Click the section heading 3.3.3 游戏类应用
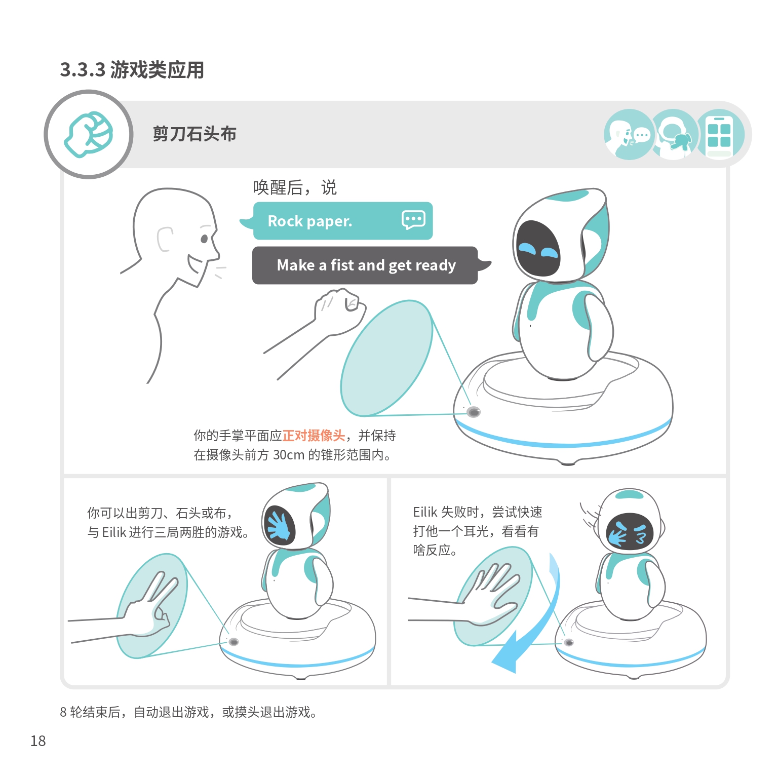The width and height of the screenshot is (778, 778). click(x=132, y=70)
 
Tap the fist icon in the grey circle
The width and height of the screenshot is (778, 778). click(x=89, y=134)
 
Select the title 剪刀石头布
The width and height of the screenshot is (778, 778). click(x=194, y=134)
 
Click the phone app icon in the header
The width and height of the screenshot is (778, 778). click(x=719, y=135)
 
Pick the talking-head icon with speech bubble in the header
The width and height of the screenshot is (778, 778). click(x=628, y=135)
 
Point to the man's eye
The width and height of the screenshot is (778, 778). click(x=204, y=239)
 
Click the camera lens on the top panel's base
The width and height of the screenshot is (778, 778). click(x=474, y=412)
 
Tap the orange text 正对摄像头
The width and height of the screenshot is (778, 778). click(x=314, y=436)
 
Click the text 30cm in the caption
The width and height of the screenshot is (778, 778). click(x=289, y=455)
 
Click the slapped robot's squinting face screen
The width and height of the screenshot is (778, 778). click(x=630, y=532)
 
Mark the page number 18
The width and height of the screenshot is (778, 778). click(x=38, y=741)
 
